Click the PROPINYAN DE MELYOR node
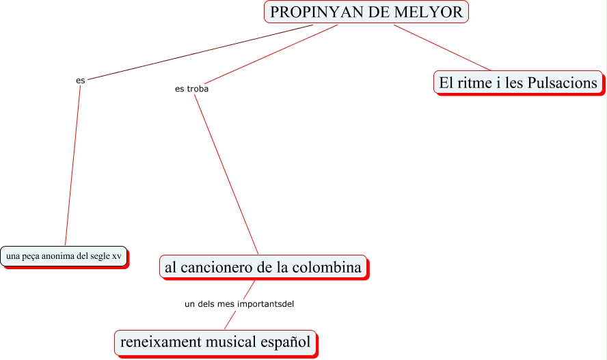tap(366, 12)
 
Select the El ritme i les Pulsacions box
tap(518, 83)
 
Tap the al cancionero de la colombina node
tap(263, 267)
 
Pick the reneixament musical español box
tap(215, 341)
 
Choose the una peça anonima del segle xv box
tap(64, 256)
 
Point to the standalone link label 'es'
tap(81, 81)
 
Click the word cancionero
tap(216, 267)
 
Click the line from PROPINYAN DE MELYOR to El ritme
tap(442, 48)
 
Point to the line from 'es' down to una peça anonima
tap(73, 164)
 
